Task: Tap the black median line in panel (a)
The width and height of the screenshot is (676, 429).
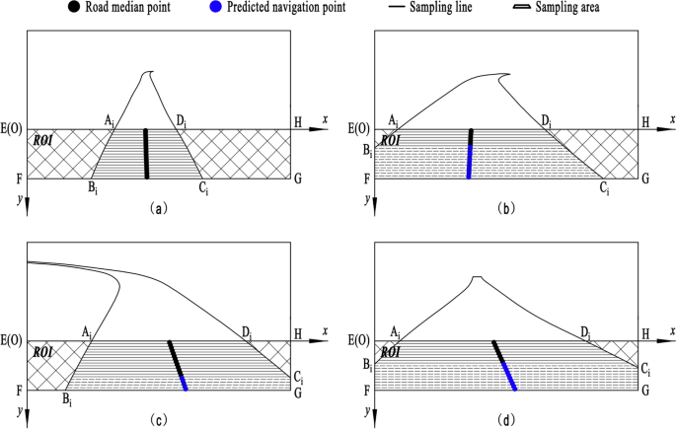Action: (x=146, y=154)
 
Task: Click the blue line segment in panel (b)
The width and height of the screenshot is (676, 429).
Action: (x=469, y=163)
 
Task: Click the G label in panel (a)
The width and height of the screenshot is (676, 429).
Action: (x=298, y=179)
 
